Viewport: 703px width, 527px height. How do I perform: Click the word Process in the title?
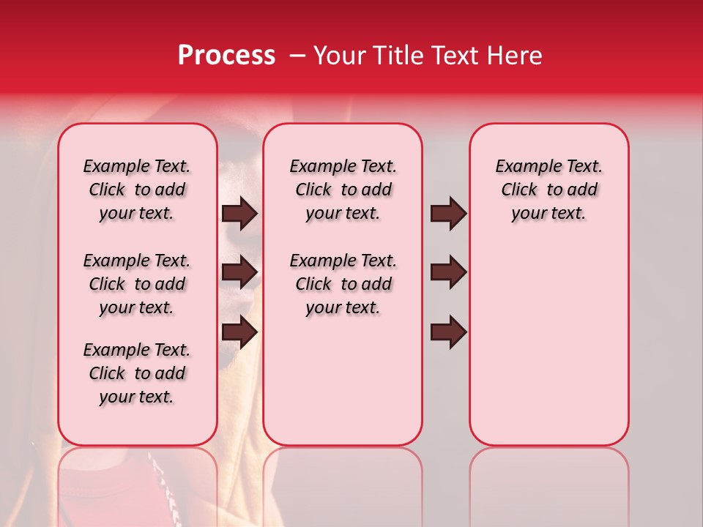(x=226, y=56)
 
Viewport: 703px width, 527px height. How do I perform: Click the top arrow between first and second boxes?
(x=239, y=213)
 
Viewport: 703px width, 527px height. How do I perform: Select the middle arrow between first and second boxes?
(x=239, y=272)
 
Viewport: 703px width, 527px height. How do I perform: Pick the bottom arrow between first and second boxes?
(x=239, y=332)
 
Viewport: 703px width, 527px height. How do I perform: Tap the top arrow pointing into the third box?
(x=448, y=213)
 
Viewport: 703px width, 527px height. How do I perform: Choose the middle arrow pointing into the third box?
(x=448, y=272)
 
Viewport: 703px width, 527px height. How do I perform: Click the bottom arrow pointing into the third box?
(x=448, y=332)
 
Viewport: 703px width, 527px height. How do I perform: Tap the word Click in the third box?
(x=519, y=190)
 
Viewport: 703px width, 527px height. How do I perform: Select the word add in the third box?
(x=582, y=190)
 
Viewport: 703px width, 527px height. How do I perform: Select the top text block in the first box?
(x=137, y=190)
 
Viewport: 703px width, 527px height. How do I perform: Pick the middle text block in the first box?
(x=137, y=284)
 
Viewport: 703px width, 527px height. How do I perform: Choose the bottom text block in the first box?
(x=137, y=373)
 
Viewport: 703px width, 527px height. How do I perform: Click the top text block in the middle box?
(x=343, y=190)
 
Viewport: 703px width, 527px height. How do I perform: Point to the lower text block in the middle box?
(x=343, y=284)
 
